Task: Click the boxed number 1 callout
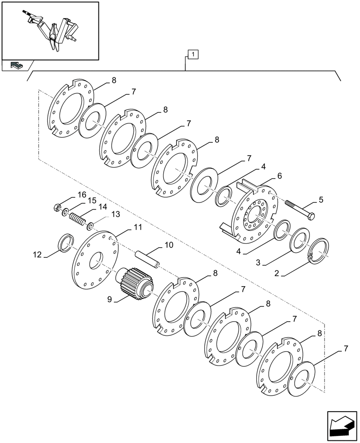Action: coord(193,54)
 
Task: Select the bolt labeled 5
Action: coord(299,210)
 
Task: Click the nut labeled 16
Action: coord(57,207)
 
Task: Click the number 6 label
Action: coord(279,176)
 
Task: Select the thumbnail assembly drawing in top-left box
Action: coord(50,30)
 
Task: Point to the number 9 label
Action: coord(109,299)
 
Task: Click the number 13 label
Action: coord(115,214)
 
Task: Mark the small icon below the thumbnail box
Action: coord(16,65)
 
